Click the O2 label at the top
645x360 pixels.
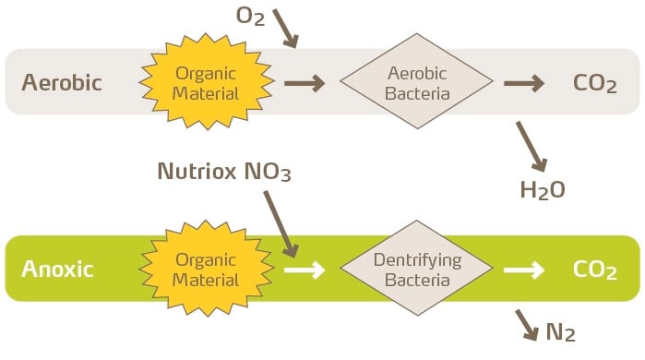coord(250,17)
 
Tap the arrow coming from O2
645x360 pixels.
coord(285,29)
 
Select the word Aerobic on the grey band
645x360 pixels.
coord(62,82)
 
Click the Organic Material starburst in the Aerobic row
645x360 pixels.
coord(206,81)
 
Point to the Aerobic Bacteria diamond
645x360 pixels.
coord(417,81)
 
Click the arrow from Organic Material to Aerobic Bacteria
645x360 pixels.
coord(305,83)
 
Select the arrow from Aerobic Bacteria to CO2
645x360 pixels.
coord(524,83)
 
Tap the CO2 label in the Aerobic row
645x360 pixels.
coord(595,84)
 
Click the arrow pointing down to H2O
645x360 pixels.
coord(532,147)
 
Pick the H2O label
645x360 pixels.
coord(543,190)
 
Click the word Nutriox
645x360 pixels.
coord(197,171)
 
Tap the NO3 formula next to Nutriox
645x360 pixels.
coord(268,172)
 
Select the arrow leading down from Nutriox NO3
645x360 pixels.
coord(281,224)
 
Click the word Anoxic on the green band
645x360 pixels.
coord(57,269)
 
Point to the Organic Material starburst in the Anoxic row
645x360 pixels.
coord(206,269)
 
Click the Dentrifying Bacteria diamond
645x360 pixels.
coord(417,269)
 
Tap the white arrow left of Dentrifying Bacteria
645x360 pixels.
coord(305,270)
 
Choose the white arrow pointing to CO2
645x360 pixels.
coord(524,270)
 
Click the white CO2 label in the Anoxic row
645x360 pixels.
coord(595,270)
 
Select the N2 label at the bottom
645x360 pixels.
coord(560,332)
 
